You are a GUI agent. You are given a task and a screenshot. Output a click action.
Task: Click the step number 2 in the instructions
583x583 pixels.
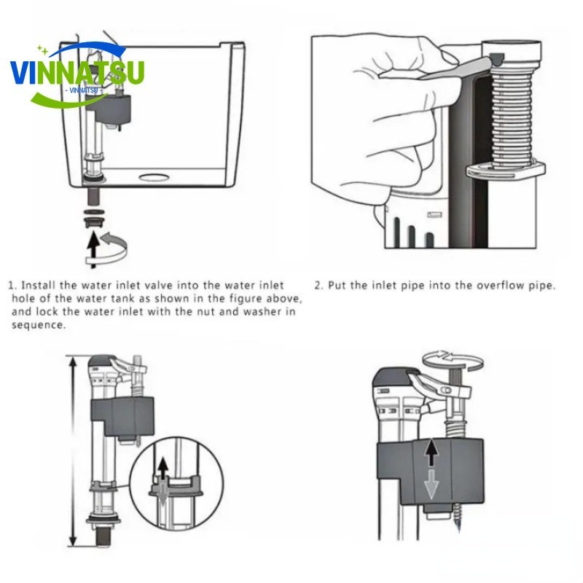tap(318, 286)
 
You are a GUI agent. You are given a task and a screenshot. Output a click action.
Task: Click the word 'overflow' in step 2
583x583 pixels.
tap(478, 286)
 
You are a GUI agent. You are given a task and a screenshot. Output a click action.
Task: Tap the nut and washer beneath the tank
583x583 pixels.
tap(92, 216)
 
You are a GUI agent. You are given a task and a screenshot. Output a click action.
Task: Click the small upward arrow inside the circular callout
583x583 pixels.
tap(162, 467)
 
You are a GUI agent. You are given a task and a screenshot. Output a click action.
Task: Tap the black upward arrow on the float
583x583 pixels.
tap(431, 455)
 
